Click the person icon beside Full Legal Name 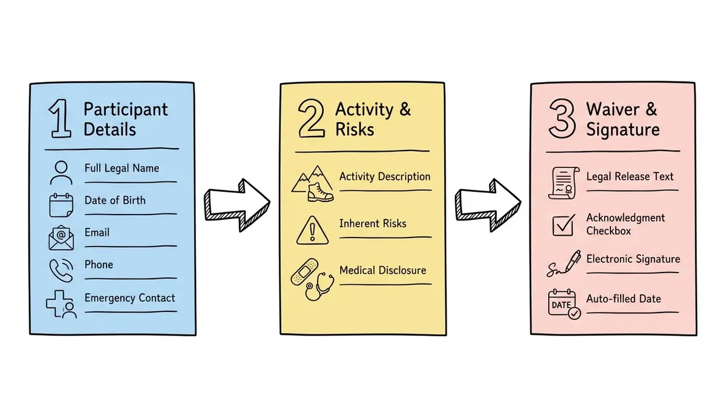(x=61, y=172)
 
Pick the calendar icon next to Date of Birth (x=61, y=205)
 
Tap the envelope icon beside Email (x=61, y=237)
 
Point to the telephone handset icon (x=61, y=270)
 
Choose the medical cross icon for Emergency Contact (x=62, y=304)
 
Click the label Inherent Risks (x=373, y=223)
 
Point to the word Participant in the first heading (x=125, y=109)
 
